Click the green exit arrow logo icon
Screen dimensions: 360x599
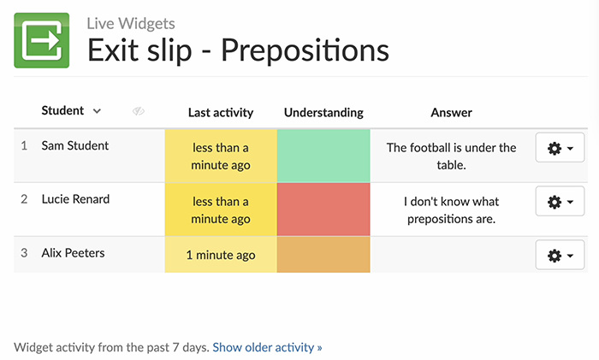tap(41, 40)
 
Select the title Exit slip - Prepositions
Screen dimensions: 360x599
tap(238, 50)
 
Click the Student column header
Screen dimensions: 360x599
tap(62, 111)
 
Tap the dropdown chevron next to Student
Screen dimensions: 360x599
tap(97, 111)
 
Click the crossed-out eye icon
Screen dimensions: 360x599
tap(139, 112)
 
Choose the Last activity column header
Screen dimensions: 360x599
tap(221, 113)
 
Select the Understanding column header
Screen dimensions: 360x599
tap(323, 113)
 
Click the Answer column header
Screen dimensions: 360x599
tap(451, 113)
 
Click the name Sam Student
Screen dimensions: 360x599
tap(75, 146)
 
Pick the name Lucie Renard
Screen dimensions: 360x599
tap(75, 200)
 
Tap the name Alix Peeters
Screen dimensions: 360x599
tap(74, 254)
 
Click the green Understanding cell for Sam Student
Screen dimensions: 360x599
tap(323, 156)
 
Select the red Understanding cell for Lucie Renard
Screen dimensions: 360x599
tap(323, 210)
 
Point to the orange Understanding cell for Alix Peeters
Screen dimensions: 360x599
tap(323, 255)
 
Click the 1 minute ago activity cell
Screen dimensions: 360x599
tap(221, 255)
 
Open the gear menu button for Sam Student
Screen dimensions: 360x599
tap(560, 148)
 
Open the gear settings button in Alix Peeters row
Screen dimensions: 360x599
tap(560, 255)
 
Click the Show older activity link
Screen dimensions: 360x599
tap(267, 348)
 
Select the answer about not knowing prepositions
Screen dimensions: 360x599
tap(451, 210)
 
